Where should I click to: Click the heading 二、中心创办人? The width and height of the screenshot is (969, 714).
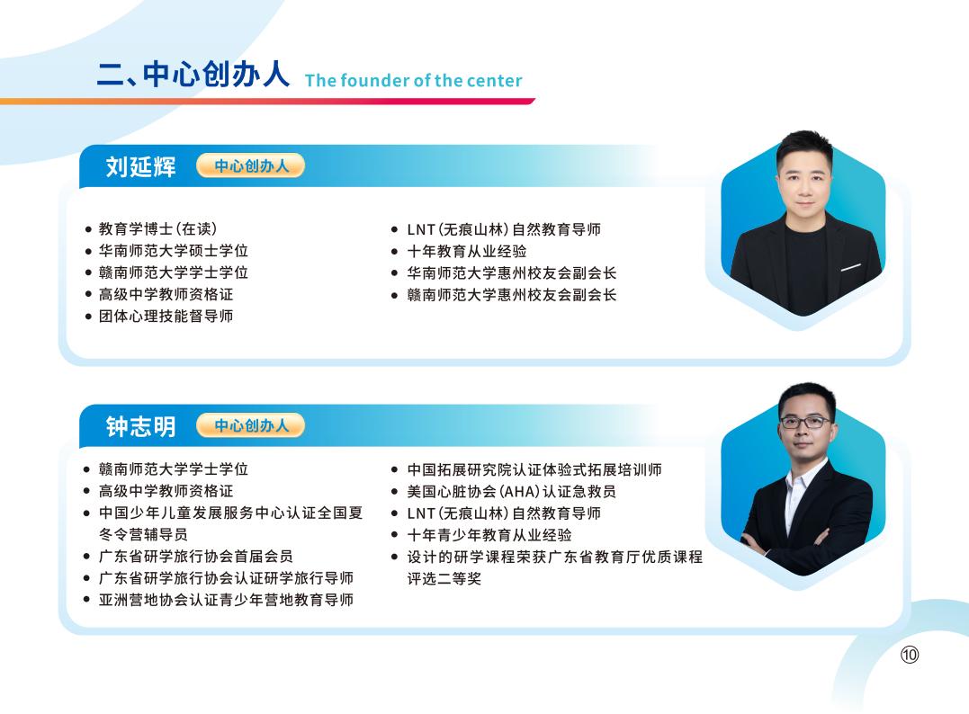coord(193,74)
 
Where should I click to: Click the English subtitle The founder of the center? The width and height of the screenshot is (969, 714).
coord(413,81)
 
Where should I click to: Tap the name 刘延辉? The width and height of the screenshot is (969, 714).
coord(140,166)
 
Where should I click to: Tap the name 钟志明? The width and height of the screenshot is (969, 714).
coord(140,426)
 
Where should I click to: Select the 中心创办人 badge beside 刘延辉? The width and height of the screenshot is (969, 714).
coord(251,165)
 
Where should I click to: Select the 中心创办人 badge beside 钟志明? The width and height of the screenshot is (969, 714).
coord(251,425)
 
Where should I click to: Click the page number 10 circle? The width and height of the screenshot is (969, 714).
coord(910,655)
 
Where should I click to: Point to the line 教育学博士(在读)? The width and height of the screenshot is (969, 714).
coord(157,229)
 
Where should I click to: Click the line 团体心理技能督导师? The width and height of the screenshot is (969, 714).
coord(166,316)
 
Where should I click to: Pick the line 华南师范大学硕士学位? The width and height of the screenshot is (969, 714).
coord(173,251)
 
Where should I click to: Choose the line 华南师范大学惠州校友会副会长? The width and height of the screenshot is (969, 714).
coord(512,272)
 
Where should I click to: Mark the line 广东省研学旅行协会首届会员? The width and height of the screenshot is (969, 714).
coord(195,556)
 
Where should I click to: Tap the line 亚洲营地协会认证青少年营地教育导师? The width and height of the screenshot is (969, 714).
coord(226,599)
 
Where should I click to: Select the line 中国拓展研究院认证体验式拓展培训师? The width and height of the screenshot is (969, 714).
coord(534,469)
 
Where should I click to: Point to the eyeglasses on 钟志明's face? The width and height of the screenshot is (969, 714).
coord(803,421)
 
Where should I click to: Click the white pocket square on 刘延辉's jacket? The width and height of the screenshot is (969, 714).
coord(850,267)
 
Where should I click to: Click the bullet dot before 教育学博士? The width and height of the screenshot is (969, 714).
coord(87,230)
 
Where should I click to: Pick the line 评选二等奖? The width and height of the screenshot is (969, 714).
coord(444,578)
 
